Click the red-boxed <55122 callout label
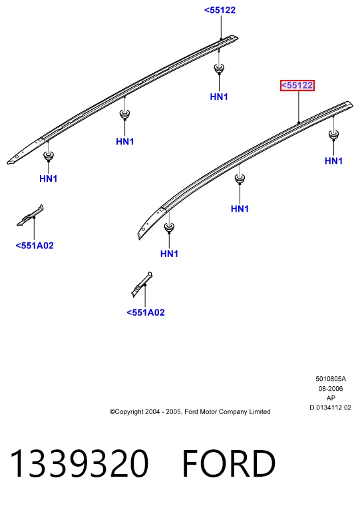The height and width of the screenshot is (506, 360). point(297,85)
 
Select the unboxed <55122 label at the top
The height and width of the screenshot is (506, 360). point(220,11)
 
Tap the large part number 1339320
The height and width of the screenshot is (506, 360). point(79,463)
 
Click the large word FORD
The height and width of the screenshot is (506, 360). point(229,463)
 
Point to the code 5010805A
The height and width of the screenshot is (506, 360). point(330,379)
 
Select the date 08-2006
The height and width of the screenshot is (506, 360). point(330,389)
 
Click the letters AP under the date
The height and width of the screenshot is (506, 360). point(331,398)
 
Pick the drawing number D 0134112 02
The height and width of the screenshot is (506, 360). point(330,407)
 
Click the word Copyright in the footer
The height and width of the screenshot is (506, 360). point(128,411)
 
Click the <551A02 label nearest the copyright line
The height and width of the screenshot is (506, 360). point(146,312)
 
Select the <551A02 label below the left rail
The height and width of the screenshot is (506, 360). point(35,246)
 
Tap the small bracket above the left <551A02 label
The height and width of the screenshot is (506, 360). point(31,216)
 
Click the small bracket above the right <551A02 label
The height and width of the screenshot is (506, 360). point(142,284)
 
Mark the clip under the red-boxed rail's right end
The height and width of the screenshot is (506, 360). point(333,134)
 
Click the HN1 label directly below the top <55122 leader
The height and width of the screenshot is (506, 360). point(219,97)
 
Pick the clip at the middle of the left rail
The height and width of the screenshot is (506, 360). point(124,115)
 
